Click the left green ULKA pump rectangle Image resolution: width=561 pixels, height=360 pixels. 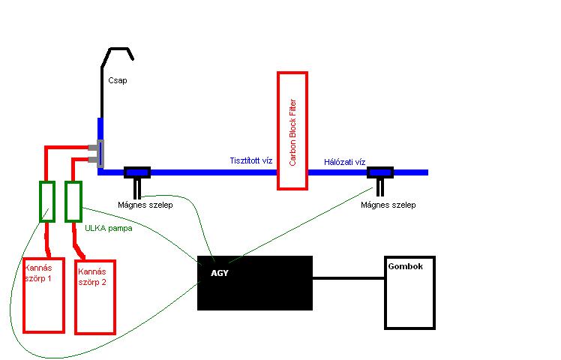point(47,202)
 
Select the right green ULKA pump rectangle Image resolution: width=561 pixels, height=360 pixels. point(73,201)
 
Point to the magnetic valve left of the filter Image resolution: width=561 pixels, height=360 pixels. point(137,172)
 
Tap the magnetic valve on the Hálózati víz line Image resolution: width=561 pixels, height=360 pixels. point(381,172)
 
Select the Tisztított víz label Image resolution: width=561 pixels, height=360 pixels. point(250,160)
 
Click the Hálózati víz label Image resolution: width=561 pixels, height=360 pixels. point(344,161)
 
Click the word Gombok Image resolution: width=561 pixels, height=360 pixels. point(402,266)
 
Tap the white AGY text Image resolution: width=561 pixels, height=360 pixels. point(220,273)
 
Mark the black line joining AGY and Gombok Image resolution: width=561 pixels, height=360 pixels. point(348,278)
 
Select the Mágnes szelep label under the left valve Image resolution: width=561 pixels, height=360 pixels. point(145,204)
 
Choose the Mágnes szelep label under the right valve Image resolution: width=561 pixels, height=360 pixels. point(388,204)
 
